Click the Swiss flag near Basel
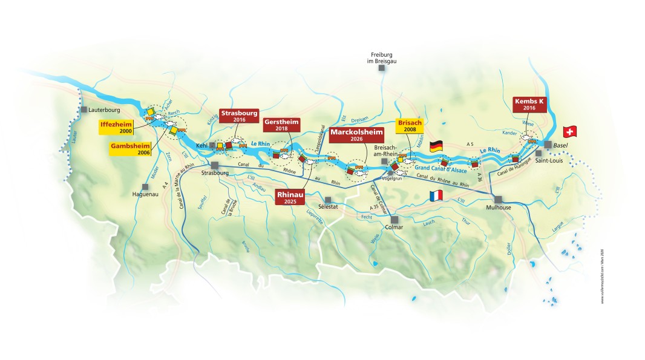click(x=570, y=132)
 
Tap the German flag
click(x=436, y=146)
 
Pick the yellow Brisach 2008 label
click(x=409, y=126)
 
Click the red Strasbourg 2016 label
click(x=240, y=116)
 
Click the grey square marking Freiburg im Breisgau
click(x=382, y=68)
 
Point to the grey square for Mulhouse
click(x=498, y=199)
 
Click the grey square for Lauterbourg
click(x=83, y=110)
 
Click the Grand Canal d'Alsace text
click(x=440, y=167)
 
